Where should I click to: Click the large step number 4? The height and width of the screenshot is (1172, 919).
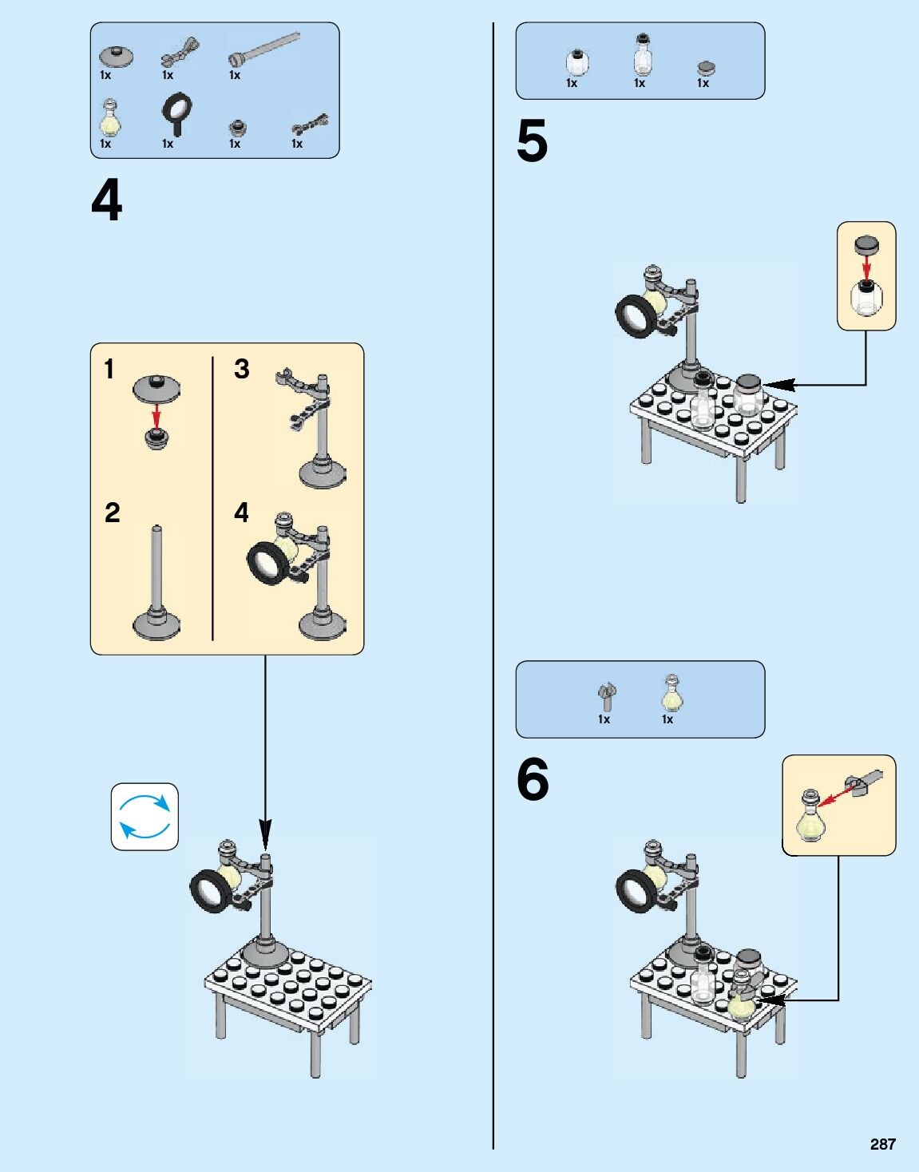(x=107, y=201)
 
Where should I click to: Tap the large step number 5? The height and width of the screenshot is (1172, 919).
(x=532, y=142)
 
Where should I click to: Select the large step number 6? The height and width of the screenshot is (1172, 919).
(x=533, y=779)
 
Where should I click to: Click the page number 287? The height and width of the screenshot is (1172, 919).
(x=882, y=1144)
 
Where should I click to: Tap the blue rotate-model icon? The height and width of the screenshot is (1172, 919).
(x=145, y=816)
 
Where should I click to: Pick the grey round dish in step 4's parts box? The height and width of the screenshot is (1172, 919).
(x=117, y=57)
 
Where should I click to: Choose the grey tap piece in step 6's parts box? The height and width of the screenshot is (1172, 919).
(x=607, y=695)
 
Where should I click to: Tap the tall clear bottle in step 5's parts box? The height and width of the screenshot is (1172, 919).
(x=642, y=56)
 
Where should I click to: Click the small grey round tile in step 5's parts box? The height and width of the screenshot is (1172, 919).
(x=705, y=68)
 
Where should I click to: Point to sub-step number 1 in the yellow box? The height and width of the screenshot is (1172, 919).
(x=109, y=370)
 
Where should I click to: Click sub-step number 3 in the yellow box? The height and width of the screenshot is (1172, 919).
(x=241, y=369)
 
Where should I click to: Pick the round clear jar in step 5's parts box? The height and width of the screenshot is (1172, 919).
(x=576, y=61)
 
